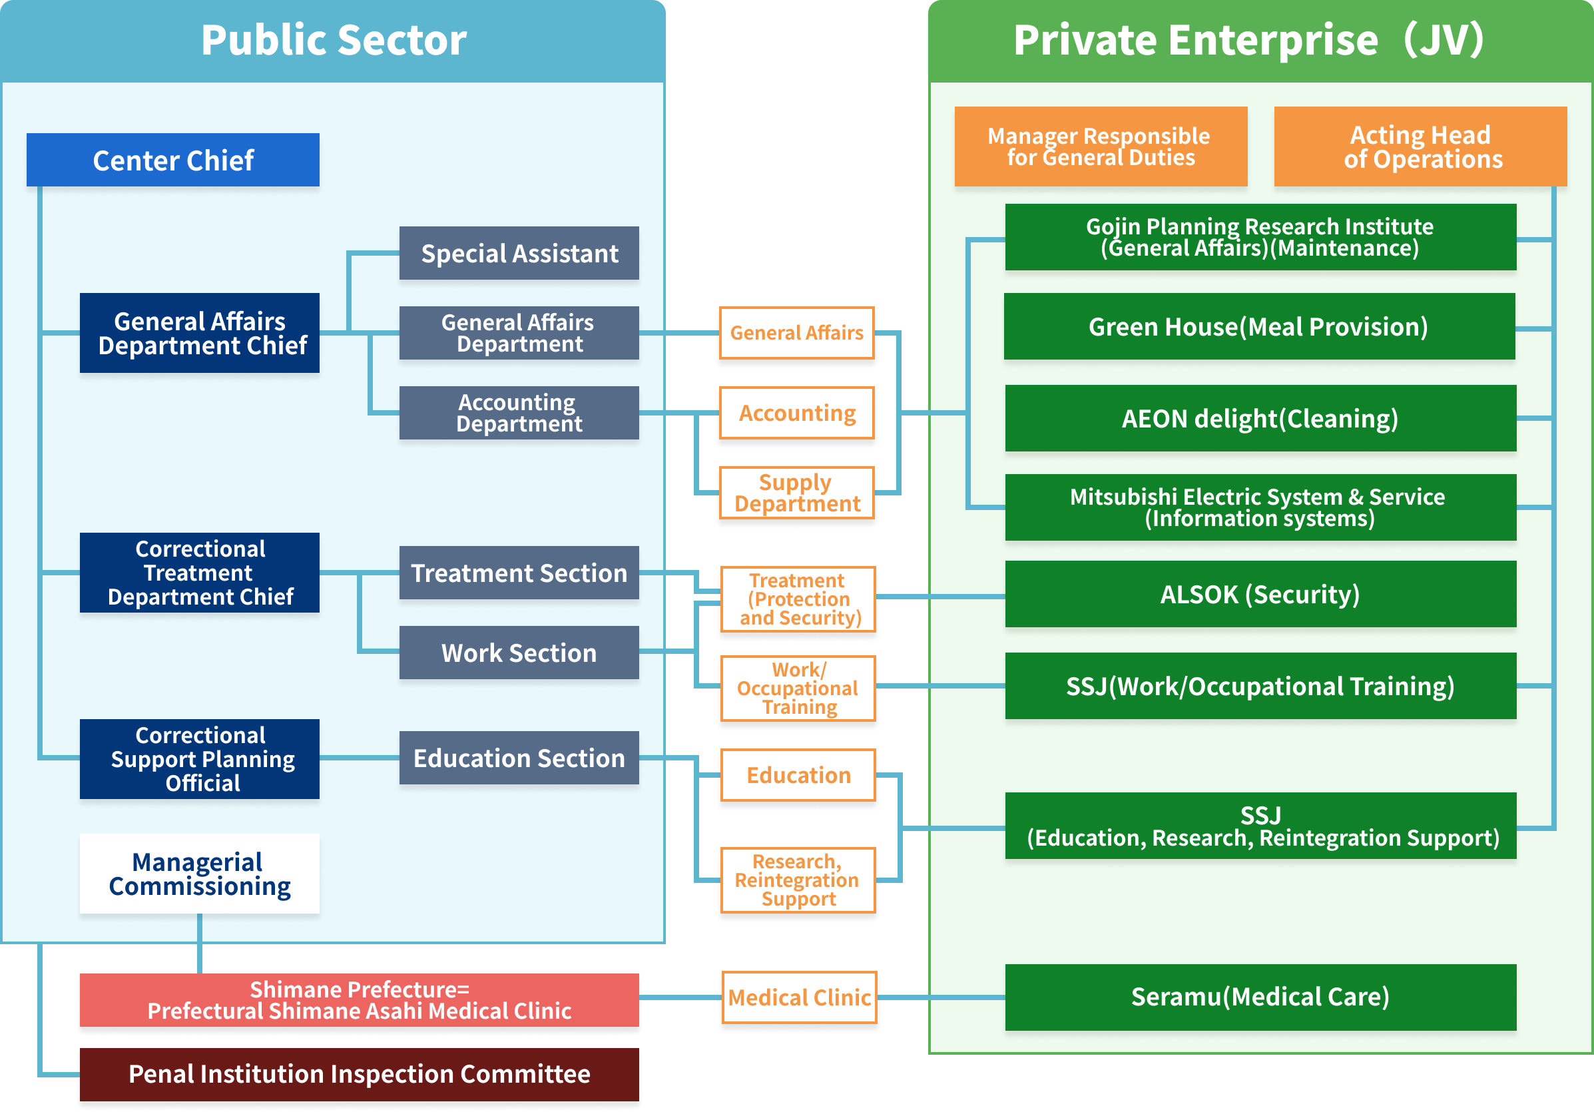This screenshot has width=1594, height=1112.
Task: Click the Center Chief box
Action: coord(173,160)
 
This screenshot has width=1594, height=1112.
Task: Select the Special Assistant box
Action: coord(519,253)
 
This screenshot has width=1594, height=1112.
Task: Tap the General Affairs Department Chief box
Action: coord(200,333)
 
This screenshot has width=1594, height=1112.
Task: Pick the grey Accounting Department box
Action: coord(519,413)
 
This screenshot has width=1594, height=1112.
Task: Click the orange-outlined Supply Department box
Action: coord(797,493)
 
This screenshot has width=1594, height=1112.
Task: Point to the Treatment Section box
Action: coord(519,573)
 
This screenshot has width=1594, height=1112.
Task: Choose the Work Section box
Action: coord(519,653)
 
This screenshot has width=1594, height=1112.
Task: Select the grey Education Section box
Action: coord(519,758)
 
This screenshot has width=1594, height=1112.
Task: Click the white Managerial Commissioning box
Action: coord(200,874)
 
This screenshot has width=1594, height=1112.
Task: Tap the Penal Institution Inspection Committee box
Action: coord(359,1074)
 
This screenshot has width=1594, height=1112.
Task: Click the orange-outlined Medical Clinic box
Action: coord(798,997)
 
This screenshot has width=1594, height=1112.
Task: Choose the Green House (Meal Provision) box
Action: coord(1258,326)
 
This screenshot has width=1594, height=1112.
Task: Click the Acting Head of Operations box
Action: coord(1420,146)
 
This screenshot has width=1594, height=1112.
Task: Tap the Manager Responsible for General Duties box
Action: coord(1101,146)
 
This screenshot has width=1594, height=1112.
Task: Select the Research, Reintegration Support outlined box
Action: coord(798,880)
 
